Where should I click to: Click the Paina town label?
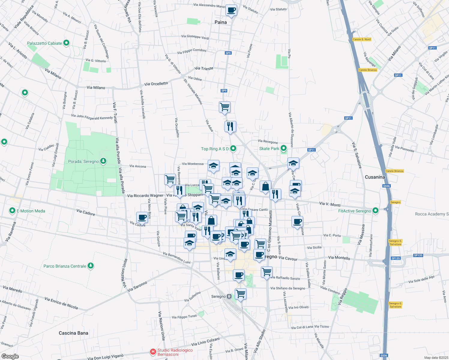221,22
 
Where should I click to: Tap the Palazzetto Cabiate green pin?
66,43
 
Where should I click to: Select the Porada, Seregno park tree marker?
103,161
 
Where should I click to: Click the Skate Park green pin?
283,148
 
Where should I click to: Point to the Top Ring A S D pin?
233,148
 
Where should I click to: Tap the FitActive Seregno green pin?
375,211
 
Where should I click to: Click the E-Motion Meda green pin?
12,211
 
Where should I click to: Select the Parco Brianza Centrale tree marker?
90,266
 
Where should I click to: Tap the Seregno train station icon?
229,296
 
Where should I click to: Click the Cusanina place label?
375,177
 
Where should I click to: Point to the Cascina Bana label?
74,333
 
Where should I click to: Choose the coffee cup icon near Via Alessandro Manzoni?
231,10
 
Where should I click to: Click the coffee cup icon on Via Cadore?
142,217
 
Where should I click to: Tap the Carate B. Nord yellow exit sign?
362,39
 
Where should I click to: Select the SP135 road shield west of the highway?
396,258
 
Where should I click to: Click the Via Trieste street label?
204,68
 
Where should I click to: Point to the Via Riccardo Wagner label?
145,196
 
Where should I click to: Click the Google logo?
10,356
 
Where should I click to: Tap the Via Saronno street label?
137,286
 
